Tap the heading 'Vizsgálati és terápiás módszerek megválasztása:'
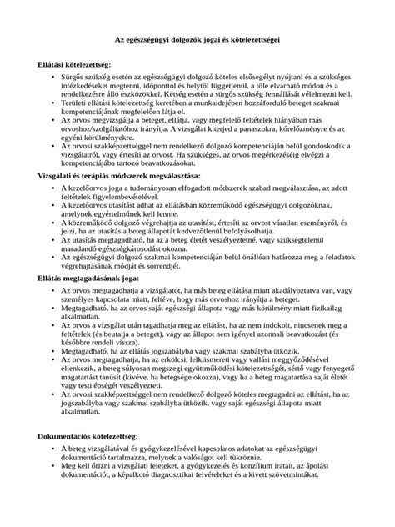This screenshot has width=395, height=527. [118, 199]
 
